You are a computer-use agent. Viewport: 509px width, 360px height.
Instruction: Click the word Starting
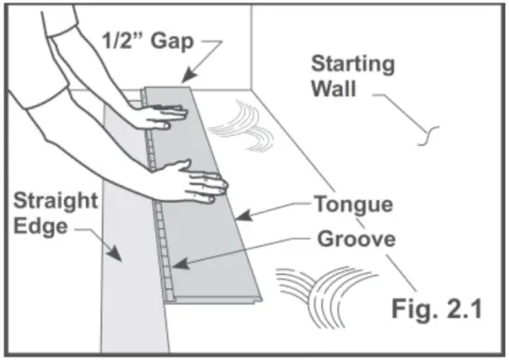[x=352, y=66]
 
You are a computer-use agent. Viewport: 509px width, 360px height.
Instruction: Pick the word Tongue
[x=353, y=204]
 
